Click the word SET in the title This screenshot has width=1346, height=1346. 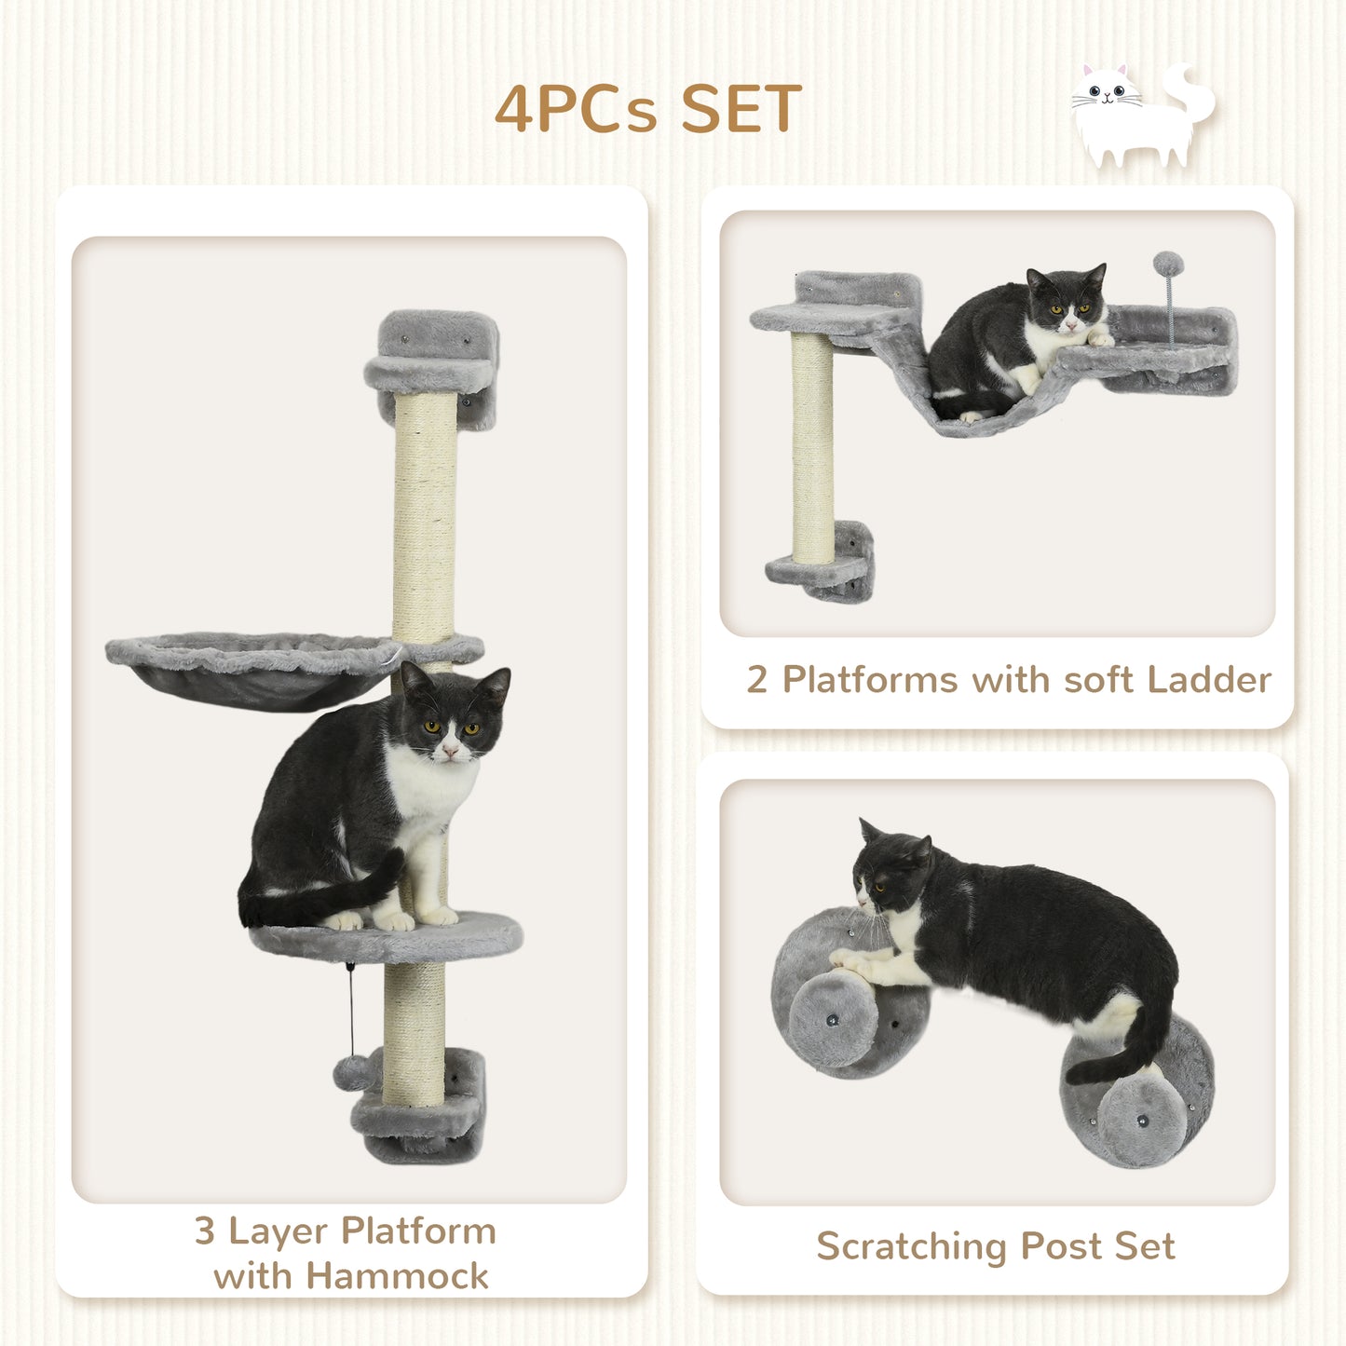pyautogui.click(x=741, y=109)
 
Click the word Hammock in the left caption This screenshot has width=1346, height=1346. pyautogui.click(x=398, y=1275)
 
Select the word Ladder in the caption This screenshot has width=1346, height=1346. pyautogui.click(x=1209, y=680)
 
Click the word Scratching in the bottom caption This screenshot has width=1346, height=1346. pyautogui.click(x=912, y=1246)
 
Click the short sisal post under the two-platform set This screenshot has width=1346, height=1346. pyautogui.click(x=813, y=447)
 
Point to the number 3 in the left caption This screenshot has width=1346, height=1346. pyautogui.click(x=205, y=1231)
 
